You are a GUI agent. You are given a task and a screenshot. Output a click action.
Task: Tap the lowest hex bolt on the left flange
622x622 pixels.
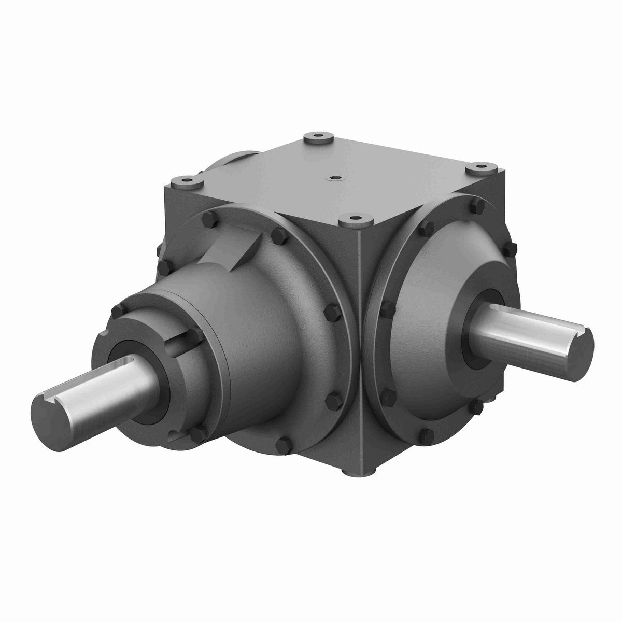point(284,445)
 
